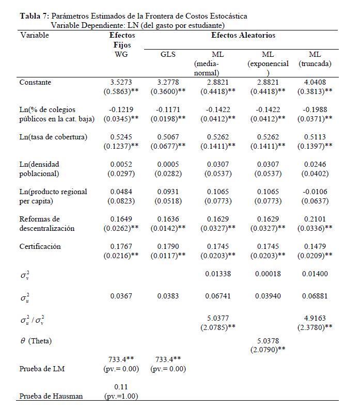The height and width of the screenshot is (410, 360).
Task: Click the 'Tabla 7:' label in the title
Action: click(x=35, y=16)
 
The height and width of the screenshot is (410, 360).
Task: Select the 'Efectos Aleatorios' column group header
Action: click(x=243, y=36)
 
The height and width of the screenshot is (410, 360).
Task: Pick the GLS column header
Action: click(x=168, y=54)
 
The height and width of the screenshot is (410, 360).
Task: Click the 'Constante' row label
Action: click(x=35, y=82)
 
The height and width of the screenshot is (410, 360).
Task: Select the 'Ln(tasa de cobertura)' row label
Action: click(x=53, y=137)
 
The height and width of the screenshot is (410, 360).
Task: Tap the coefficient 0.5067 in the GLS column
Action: click(x=168, y=137)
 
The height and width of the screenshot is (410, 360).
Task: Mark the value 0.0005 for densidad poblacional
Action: click(x=168, y=164)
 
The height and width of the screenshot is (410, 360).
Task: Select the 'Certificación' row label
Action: click(x=40, y=246)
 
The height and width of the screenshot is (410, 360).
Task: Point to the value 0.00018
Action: click(x=268, y=274)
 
